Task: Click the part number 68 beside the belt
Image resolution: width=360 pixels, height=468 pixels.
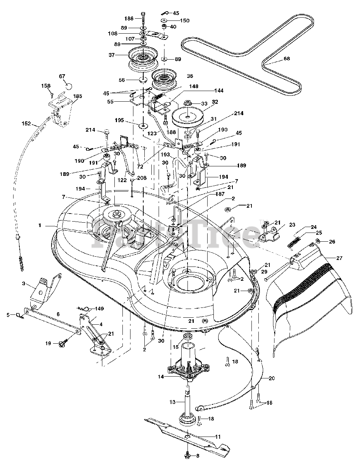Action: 287,58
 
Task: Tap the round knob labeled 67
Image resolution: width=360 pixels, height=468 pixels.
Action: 69,87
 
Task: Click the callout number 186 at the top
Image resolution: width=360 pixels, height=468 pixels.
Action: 129,19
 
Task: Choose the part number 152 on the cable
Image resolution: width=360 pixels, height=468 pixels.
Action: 26,124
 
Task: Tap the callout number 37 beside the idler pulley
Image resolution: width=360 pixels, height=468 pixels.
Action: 111,55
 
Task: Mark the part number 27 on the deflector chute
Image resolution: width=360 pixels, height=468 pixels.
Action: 339,258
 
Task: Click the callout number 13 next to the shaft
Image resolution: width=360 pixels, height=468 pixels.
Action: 173,402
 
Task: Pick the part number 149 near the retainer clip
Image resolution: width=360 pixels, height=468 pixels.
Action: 99,309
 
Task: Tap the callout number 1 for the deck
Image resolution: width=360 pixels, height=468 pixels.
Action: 39,225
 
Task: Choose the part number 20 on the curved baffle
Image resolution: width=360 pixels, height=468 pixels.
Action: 272,378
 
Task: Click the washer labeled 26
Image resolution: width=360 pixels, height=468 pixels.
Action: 318,241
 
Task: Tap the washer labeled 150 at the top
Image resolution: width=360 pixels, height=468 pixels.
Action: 164,20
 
